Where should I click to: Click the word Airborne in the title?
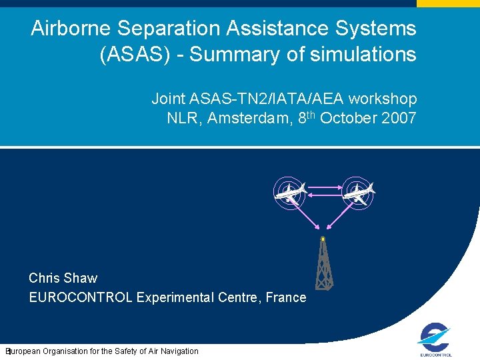(x=71, y=29)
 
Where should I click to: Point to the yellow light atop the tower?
(x=323, y=238)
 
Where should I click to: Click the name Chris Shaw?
(x=63, y=278)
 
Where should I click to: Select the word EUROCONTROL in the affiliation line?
(x=81, y=297)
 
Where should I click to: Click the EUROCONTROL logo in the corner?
(x=436, y=340)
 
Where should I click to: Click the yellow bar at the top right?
(x=448, y=3)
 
